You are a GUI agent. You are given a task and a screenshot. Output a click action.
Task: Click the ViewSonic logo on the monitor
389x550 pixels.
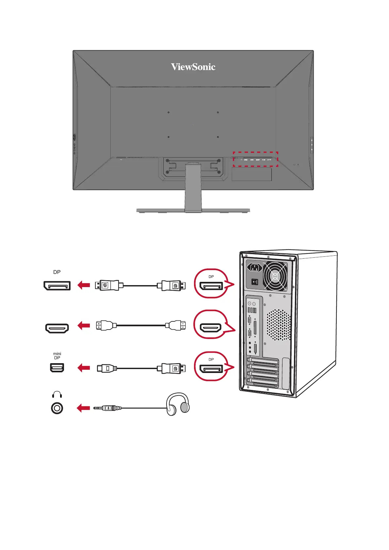[193, 67]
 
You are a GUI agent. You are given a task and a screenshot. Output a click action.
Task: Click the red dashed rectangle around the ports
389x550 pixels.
[255, 159]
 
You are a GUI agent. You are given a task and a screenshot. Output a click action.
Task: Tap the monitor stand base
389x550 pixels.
[193, 210]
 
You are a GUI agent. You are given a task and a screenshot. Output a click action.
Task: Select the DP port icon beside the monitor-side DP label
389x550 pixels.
[57, 285]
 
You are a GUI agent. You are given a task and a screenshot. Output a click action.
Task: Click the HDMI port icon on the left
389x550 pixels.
[57, 328]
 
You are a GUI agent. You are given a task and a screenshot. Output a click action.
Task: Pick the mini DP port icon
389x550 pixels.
[57, 368]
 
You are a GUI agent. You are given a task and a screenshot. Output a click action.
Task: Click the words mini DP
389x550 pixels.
[57, 356]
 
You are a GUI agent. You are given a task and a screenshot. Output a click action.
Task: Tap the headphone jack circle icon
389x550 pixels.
[57, 408]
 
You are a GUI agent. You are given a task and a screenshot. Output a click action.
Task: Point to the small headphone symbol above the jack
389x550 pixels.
[57, 395]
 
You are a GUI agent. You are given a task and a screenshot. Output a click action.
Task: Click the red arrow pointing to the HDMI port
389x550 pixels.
[84, 326]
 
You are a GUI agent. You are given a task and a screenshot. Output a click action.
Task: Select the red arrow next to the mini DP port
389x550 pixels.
[84, 368]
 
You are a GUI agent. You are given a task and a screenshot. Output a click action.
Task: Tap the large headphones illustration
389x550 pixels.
[178, 404]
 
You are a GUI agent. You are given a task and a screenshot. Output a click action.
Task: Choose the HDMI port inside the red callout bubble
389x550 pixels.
[211, 327]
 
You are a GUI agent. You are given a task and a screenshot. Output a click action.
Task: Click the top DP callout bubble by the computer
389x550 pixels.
[211, 283]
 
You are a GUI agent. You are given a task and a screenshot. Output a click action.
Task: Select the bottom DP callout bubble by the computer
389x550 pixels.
[211, 366]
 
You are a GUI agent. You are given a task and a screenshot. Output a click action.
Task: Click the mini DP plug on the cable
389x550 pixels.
[106, 368]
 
